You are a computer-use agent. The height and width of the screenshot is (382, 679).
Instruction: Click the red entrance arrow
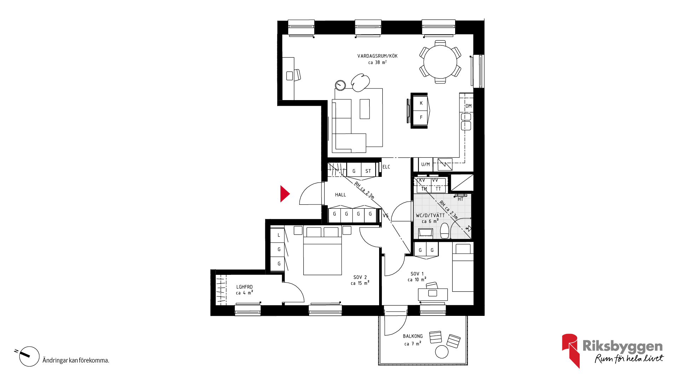[x=285, y=194]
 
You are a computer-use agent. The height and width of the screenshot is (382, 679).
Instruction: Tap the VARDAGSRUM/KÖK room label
[x=377, y=56]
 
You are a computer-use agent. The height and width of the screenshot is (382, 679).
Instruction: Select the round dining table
[x=440, y=62]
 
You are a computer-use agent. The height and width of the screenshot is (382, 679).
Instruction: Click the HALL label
[x=341, y=195]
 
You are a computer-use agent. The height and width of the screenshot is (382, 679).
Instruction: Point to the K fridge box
[x=421, y=103]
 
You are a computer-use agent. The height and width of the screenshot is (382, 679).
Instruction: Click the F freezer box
[x=421, y=117]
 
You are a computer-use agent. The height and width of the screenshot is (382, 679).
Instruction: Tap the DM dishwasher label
[x=469, y=106]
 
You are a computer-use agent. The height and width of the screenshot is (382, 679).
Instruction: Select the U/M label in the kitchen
[x=425, y=164]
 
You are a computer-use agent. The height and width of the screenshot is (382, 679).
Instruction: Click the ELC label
[x=386, y=167]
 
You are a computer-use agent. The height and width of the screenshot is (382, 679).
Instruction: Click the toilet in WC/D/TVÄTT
[x=445, y=231]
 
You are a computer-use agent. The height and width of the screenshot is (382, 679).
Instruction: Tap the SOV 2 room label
[x=360, y=278]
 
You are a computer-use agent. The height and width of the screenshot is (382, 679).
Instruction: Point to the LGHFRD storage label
[x=244, y=287]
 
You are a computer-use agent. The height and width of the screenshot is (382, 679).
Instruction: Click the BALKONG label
[x=413, y=336]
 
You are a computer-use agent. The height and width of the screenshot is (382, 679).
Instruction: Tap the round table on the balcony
[x=442, y=352]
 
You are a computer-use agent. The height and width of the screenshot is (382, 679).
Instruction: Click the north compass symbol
[x=29, y=356]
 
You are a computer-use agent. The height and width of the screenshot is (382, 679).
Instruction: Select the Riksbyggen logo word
[x=622, y=346]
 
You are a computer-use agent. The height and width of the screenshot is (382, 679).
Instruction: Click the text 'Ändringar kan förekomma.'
[x=76, y=360]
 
